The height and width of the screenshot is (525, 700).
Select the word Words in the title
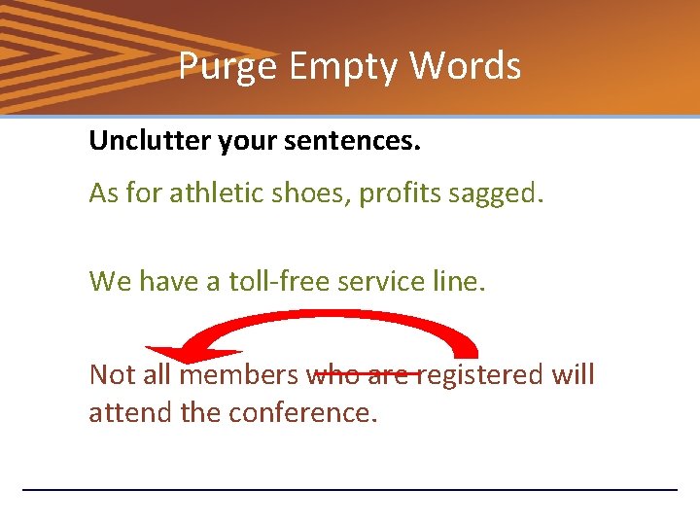[465, 67]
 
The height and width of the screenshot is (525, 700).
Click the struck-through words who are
[362, 374]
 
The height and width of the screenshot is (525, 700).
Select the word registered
[482, 375]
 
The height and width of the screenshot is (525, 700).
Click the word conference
[301, 412]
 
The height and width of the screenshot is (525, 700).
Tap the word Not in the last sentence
[110, 374]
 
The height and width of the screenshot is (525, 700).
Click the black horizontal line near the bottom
[350, 489]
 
